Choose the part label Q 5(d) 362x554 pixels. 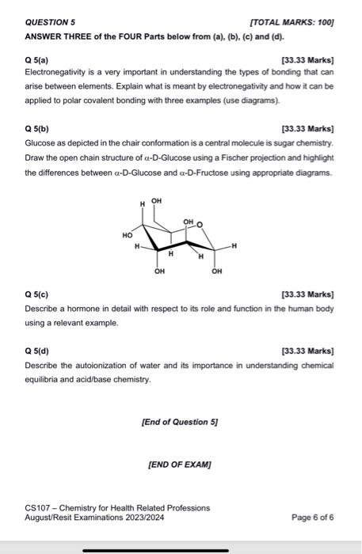coord(40,351)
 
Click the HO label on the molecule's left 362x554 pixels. coord(127,235)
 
